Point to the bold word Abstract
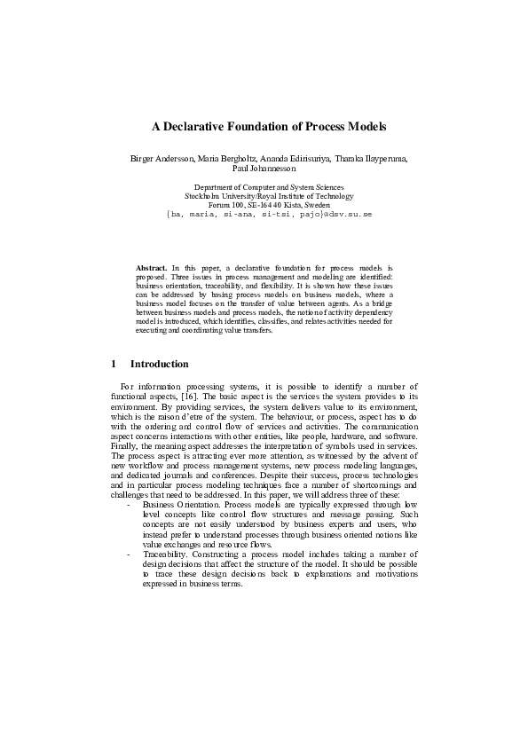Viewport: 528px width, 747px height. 151,267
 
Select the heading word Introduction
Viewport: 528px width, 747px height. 159,364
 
